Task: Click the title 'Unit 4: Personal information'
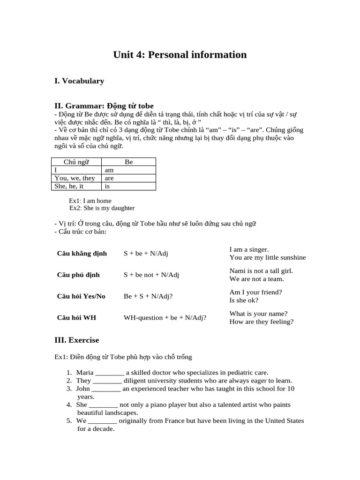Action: pyautogui.click(x=180, y=55)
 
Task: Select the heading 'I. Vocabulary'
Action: pyautogui.click(x=79, y=81)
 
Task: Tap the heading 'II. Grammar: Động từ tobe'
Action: pyautogui.click(x=104, y=106)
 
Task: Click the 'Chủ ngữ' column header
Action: pyautogui.click(x=76, y=162)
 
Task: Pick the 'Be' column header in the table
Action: pyautogui.click(x=129, y=162)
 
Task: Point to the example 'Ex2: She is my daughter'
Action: pyautogui.click(x=102, y=208)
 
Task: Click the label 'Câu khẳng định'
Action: pyautogui.click(x=82, y=254)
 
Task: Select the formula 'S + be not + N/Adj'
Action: pyautogui.click(x=151, y=275)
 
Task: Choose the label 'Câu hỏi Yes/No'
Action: pyautogui.click(x=81, y=296)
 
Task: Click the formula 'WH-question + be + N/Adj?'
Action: pyautogui.click(x=165, y=317)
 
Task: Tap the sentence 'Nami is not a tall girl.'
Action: pyautogui.click(x=261, y=271)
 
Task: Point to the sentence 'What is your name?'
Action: pyautogui.click(x=258, y=314)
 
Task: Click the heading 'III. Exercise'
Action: pyautogui.click(x=77, y=340)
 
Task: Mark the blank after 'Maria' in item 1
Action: pyautogui.click(x=110, y=373)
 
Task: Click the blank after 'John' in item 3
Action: pyautogui.click(x=106, y=389)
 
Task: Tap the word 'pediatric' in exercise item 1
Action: pyautogui.click(x=238, y=373)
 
